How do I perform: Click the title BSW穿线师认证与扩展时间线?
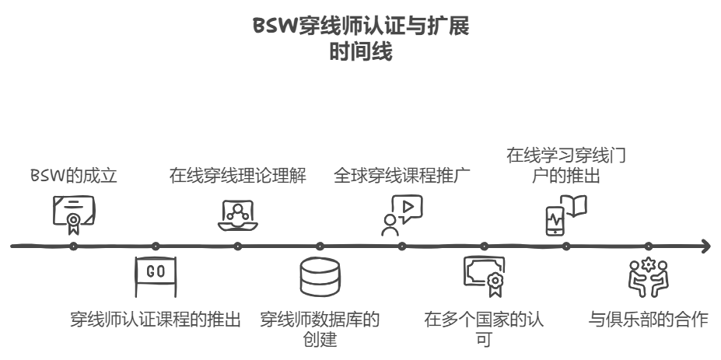click(x=361, y=40)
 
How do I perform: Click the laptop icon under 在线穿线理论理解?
click(x=237, y=214)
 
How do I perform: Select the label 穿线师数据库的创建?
click(x=320, y=329)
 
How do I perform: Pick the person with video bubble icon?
click(x=401, y=214)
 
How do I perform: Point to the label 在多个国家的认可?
click(x=484, y=329)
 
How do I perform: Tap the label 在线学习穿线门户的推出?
click(x=566, y=165)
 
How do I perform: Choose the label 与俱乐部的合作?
click(x=648, y=320)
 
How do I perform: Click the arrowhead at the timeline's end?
click(x=705, y=247)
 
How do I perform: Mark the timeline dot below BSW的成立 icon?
click(x=73, y=247)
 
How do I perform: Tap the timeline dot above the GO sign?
click(x=156, y=247)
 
